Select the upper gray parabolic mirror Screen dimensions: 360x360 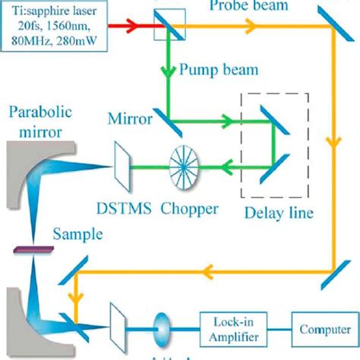pyautogui.click(x=23, y=175)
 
